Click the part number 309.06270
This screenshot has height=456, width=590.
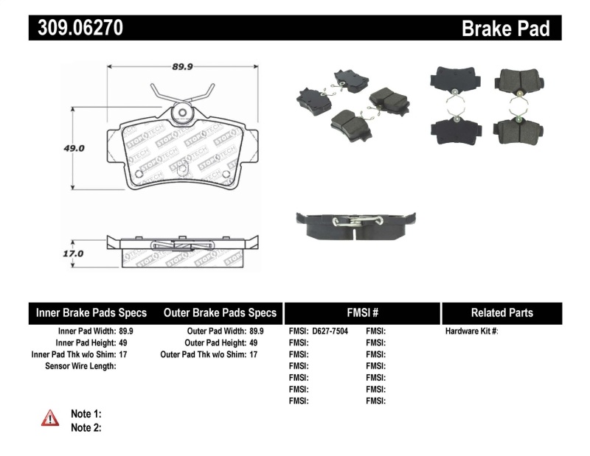(76, 28)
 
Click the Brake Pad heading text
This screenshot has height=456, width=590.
(506, 28)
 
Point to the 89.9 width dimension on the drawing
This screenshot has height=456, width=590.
(182, 66)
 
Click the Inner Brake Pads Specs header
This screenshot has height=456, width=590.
(91, 313)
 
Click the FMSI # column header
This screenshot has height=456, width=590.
(361, 313)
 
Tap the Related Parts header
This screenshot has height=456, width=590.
(502, 313)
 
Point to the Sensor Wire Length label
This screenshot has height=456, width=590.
(80, 366)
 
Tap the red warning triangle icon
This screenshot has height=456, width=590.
(50, 418)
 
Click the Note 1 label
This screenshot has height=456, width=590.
(86, 413)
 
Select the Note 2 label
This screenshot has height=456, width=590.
(86, 427)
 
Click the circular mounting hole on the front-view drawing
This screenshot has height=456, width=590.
(180, 113)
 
